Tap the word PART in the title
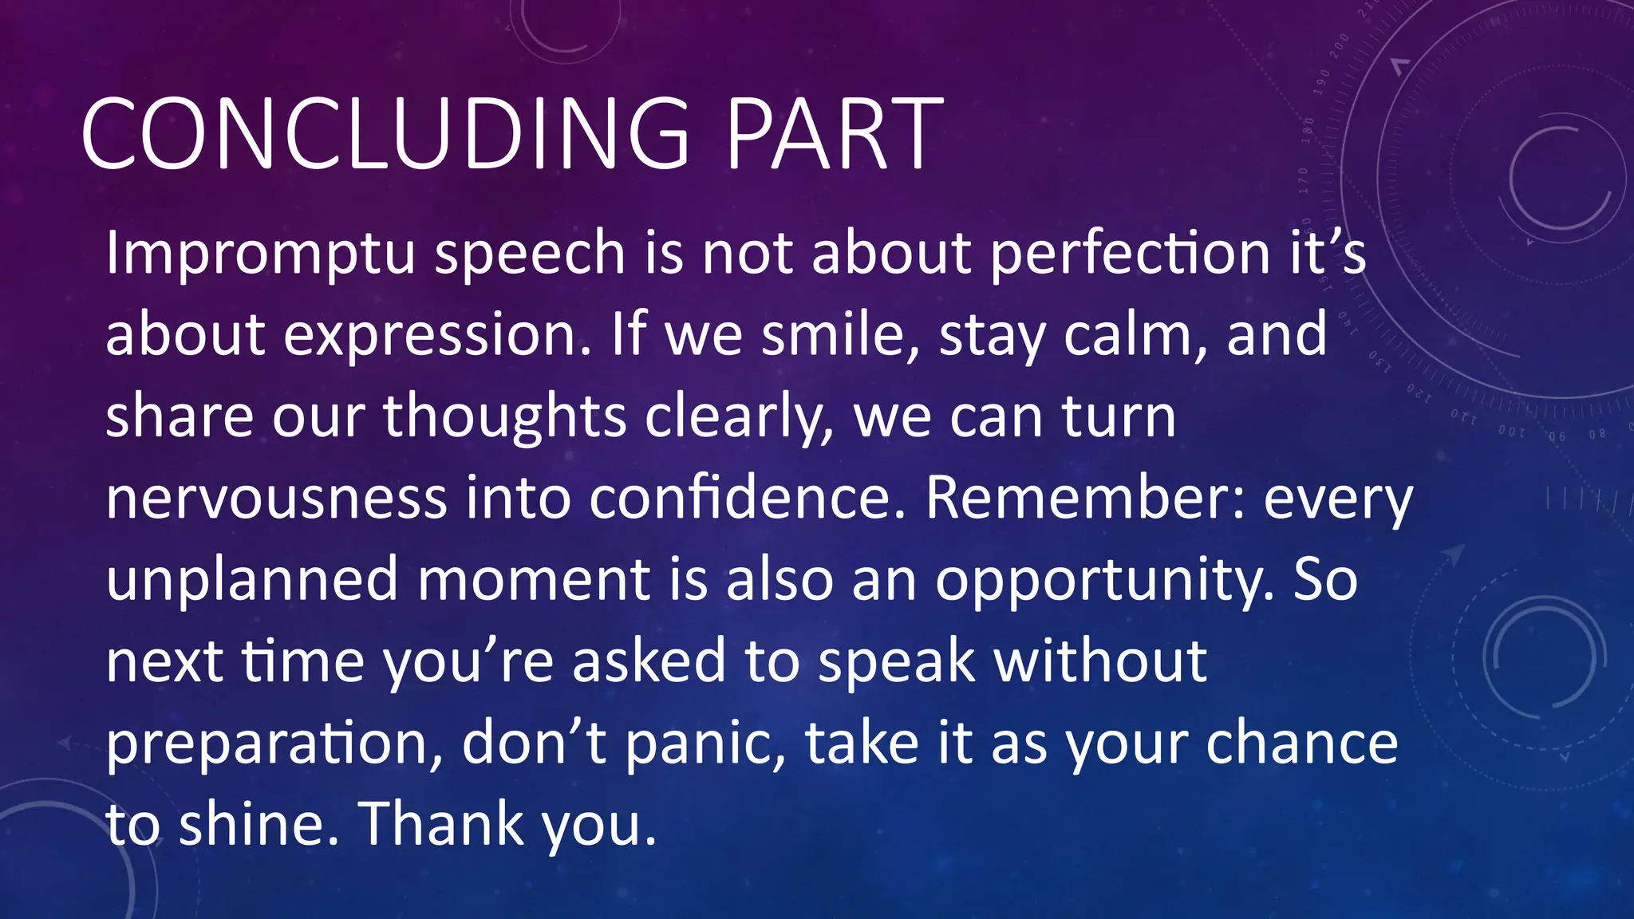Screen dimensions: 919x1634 pos(835,134)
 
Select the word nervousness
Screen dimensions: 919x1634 pos(276,499)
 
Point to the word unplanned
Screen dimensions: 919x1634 pos(251,581)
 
